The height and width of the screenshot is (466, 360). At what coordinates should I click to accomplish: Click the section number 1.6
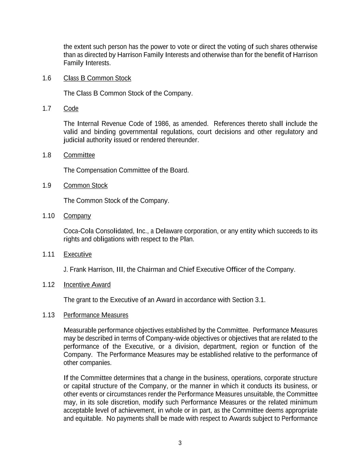coord(47,78)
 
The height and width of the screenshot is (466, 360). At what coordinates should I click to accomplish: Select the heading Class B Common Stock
coord(97,78)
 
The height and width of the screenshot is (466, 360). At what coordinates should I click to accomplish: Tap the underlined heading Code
coord(71,109)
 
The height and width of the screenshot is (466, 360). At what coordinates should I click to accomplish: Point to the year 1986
coord(162,124)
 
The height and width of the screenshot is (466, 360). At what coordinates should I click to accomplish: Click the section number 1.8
coord(47,155)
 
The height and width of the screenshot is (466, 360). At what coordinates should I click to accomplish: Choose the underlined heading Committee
coord(79,155)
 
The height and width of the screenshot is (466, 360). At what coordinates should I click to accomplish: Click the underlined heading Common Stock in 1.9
coord(85,185)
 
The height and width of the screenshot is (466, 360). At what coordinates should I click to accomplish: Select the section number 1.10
coord(48,216)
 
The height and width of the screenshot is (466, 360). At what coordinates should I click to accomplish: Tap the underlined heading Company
coord(77,216)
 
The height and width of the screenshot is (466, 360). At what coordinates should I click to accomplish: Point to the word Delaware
coord(169,231)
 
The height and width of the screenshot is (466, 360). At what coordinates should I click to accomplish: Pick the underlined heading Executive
coord(77,254)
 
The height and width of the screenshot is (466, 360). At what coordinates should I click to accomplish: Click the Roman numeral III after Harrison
coord(120,270)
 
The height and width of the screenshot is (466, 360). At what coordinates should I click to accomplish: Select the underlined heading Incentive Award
coord(87,285)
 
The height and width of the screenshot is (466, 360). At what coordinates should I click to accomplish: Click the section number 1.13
coord(48,315)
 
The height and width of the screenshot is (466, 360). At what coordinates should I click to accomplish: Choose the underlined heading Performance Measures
coord(96,315)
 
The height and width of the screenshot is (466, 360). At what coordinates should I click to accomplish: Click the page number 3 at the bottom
coord(180,443)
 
